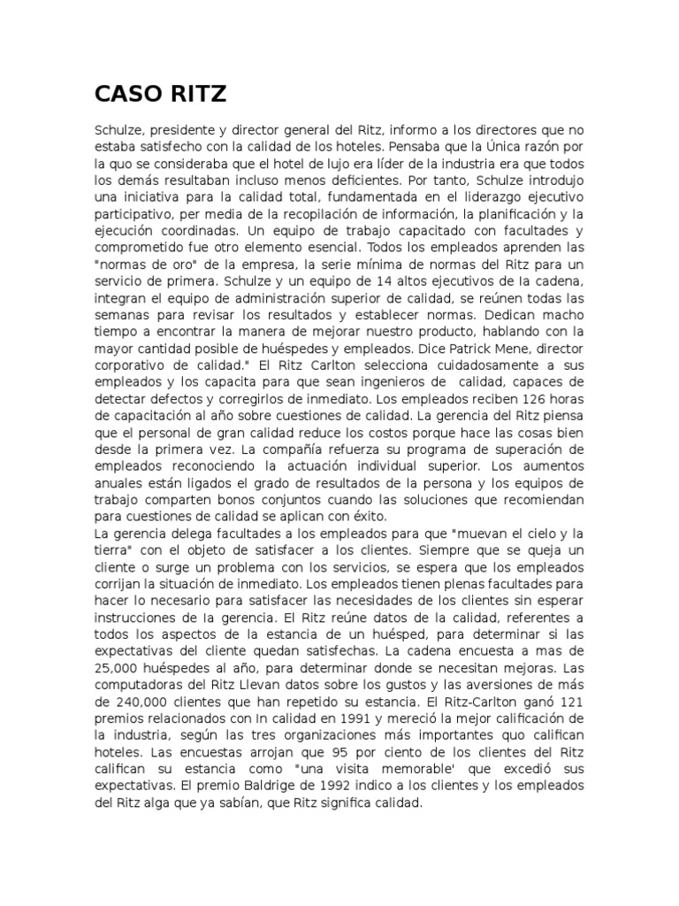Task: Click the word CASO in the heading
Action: point(125,95)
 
